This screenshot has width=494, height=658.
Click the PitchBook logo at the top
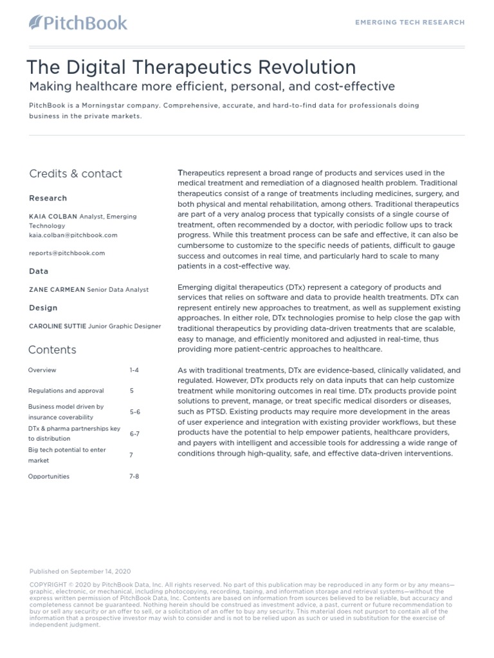(78, 23)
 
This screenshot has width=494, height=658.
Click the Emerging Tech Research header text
(410, 22)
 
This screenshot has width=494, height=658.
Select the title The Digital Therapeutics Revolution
(190, 67)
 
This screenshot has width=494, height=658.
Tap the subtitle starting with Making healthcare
(212, 87)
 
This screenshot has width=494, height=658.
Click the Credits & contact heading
(75, 173)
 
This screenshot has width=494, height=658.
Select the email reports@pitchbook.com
(67, 253)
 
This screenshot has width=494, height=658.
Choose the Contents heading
(52, 350)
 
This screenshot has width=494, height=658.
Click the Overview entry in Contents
(42, 370)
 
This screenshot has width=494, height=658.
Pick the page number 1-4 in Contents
(134, 370)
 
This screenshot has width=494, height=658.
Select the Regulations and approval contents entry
(66, 391)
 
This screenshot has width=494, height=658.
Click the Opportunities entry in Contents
(49, 476)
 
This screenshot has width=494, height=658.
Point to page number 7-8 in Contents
(134, 476)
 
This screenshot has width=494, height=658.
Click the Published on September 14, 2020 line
(80, 571)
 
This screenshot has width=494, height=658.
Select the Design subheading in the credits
(43, 308)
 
